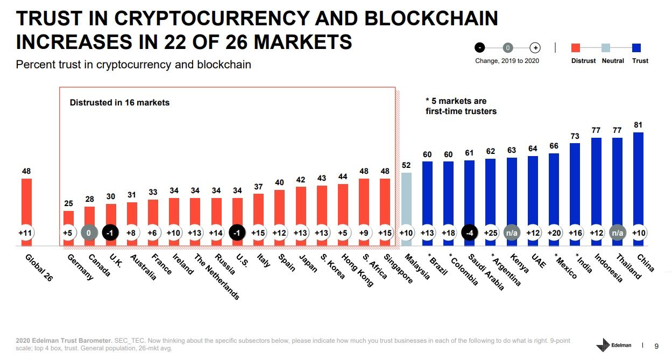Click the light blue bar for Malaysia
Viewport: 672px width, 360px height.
click(x=406, y=199)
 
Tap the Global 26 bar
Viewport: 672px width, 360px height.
click(x=26, y=202)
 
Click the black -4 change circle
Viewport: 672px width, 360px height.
click(x=470, y=233)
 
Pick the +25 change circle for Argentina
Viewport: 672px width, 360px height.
click(x=491, y=233)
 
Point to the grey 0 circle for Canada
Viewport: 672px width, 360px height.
click(x=90, y=233)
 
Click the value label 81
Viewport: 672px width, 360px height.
click(x=638, y=125)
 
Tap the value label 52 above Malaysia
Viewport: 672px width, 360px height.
click(x=406, y=165)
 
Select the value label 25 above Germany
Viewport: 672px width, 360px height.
click(x=69, y=203)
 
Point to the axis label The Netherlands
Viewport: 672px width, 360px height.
click(x=216, y=276)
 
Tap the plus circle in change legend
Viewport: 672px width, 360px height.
click(x=535, y=47)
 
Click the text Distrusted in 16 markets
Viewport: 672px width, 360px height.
click(x=119, y=102)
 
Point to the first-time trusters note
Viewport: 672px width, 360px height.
click(x=461, y=105)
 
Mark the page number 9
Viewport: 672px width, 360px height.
click(x=656, y=345)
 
